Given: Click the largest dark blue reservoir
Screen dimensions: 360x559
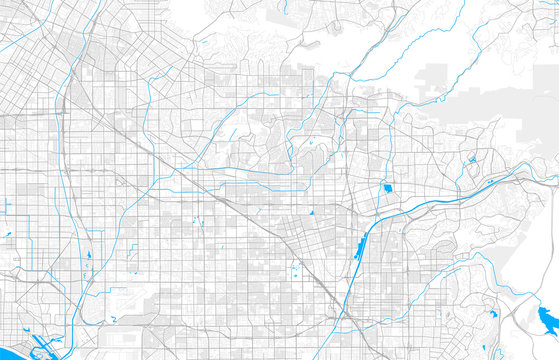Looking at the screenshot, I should click(547, 319).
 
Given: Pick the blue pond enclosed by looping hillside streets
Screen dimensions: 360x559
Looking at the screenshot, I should click(471, 157).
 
